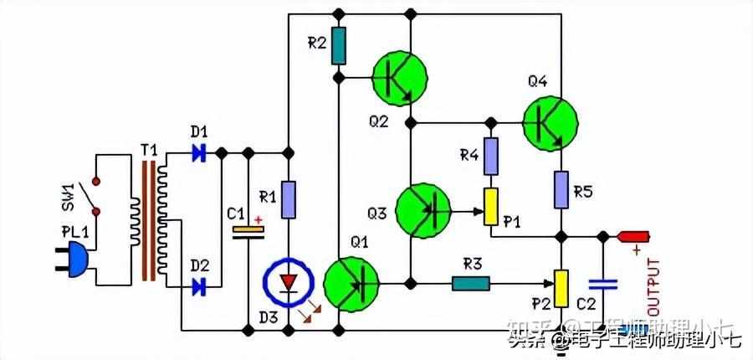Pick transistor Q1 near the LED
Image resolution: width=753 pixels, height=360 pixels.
(351, 284)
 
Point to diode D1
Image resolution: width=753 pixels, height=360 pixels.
(199, 153)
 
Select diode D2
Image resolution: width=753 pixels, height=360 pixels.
(199, 287)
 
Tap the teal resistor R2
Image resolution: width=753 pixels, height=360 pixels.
(338, 45)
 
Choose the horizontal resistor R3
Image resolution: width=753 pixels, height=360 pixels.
(471, 283)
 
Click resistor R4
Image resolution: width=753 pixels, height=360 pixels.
(491, 156)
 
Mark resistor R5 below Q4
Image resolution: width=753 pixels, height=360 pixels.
(561, 192)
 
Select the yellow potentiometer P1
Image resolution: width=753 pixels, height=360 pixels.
(491, 207)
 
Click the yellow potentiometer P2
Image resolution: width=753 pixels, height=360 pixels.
(561, 288)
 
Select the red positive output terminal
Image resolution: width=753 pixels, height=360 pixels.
(633, 237)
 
